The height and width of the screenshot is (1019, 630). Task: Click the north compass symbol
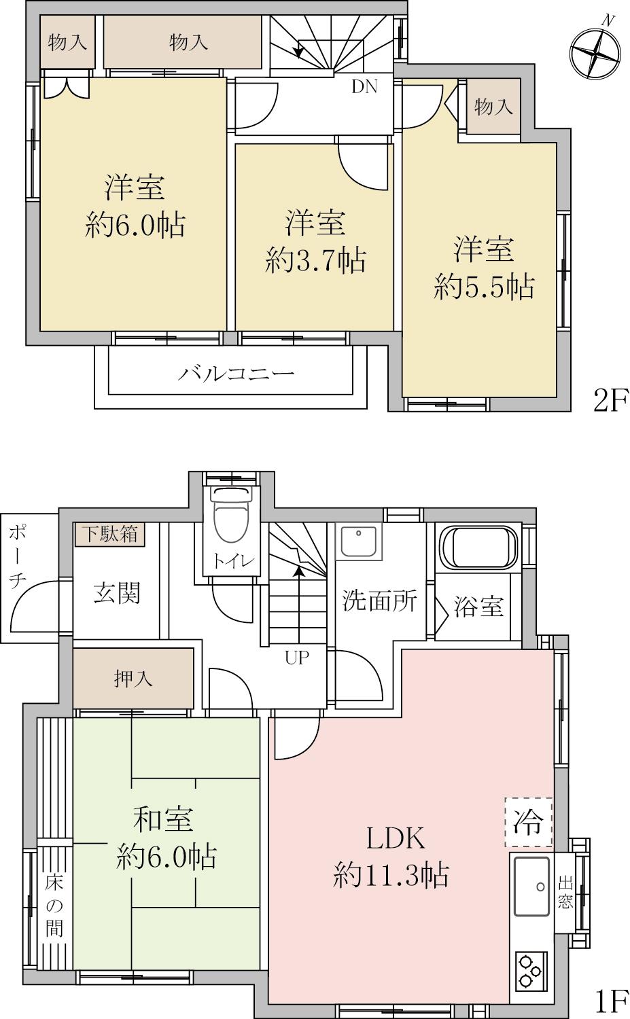coord(596,53)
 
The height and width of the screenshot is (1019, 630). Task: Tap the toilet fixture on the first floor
coord(233,516)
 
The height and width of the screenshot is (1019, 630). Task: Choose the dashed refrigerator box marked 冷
coord(528,821)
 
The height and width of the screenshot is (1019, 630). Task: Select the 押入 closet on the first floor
coord(133,679)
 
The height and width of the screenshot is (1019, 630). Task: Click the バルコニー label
coord(237,374)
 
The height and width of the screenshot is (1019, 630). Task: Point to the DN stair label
coord(365,86)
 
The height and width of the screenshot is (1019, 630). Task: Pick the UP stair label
coord(297,657)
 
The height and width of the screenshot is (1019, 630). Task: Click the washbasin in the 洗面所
coord(359,542)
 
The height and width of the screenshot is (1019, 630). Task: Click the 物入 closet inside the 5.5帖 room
coord(493,107)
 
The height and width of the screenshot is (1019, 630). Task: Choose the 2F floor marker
coord(610,400)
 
